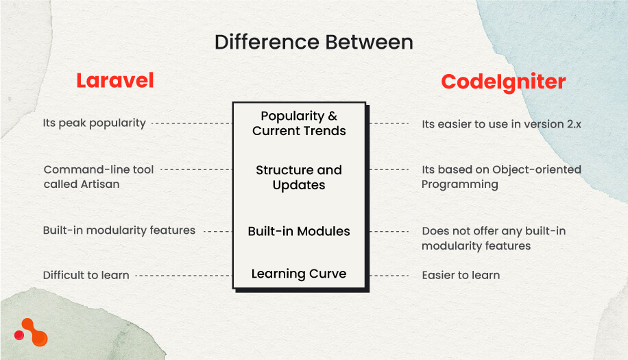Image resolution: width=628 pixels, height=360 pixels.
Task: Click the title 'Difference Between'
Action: tap(313, 43)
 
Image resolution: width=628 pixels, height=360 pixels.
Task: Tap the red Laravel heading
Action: tap(114, 80)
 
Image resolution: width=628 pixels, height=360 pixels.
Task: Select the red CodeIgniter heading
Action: tap(503, 82)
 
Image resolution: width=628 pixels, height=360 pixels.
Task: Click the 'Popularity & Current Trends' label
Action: tap(299, 123)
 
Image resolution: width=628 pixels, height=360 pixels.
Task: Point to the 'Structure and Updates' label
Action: tap(299, 178)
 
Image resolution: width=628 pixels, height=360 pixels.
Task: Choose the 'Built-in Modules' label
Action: tap(299, 232)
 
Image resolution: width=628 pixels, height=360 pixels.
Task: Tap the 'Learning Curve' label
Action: tap(299, 274)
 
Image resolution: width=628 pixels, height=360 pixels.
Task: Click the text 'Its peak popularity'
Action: tap(95, 123)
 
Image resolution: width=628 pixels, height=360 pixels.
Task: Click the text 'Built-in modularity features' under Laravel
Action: tap(119, 231)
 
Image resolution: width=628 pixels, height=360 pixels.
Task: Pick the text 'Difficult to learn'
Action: tap(86, 275)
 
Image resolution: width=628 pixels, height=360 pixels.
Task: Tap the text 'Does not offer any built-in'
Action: tap(494, 231)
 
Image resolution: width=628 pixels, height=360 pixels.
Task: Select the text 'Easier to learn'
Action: tap(461, 276)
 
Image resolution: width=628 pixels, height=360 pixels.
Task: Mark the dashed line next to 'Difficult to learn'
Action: tap(183, 275)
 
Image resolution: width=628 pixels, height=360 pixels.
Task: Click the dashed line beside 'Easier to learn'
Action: tap(389, 275)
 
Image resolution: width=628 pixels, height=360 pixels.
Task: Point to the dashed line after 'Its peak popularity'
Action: tap(191, 123)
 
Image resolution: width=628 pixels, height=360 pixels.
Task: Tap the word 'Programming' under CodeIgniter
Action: tap(459, 184)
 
